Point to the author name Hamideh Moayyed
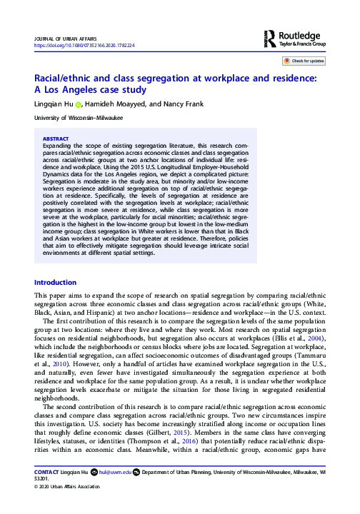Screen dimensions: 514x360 point(113,105)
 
